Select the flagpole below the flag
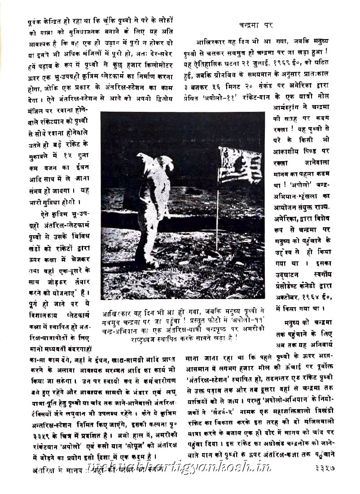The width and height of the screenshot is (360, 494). tap(217, 216)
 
